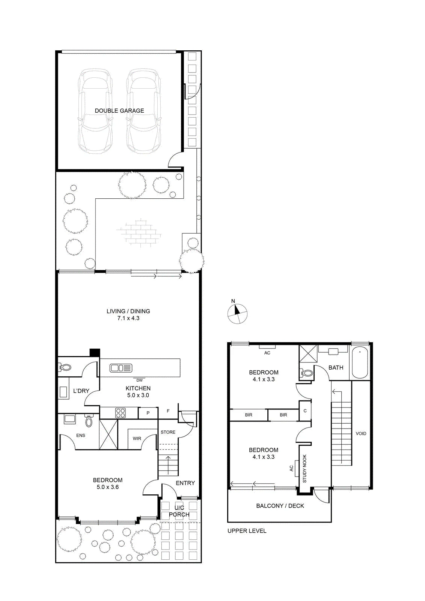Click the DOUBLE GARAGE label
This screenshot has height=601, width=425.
pos(119,110)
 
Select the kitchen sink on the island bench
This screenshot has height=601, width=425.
pos(121,368)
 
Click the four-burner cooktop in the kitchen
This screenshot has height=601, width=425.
pos(121,413)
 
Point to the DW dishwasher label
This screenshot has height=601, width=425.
pos(139,380)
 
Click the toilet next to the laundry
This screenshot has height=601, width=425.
pos(64,367)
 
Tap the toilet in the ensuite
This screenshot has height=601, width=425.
pos(89,420)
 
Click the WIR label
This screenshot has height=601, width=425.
pos(137,438)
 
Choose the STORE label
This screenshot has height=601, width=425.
pos(168,432)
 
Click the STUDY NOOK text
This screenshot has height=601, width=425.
pos(304,468)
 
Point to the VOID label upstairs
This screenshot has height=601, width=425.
pos(361,433)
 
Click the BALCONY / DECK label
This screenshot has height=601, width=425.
pos(280,506)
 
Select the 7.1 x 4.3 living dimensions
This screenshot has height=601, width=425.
pos(128,318)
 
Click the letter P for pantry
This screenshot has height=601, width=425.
pos(148,413)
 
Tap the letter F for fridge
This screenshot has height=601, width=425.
pos(168,411)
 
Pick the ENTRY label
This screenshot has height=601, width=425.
pos(185,483)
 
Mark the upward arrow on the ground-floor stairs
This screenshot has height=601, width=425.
pos(168,465)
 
